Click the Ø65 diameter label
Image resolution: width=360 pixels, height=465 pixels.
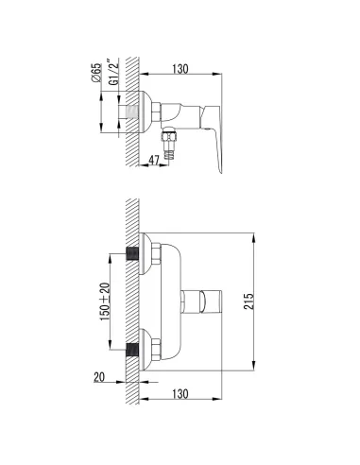pyautogui.click(x=97, y=73)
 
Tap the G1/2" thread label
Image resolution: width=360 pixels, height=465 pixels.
pyautogui.click(x=114, y=72)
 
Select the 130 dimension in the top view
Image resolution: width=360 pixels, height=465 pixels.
pyautogui.click(x=180, y=69)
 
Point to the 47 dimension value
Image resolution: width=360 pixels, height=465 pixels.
pyautogui.click(x=154, y=161)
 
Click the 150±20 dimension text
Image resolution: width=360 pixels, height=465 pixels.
pyautogui.click(x=105, y=301)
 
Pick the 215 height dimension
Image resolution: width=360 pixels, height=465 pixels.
pyautogui.click(x=249, y=301)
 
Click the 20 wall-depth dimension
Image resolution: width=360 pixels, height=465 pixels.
pyautogui.click(x=99, y=377)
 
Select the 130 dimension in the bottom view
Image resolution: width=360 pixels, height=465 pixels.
pyautogui.click(x=180, y=394)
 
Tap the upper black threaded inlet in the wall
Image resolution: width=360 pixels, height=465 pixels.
pyautogui.click(x=132, y=253)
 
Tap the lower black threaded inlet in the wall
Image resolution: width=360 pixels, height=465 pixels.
pyautogui.click(x=132, y=350)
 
